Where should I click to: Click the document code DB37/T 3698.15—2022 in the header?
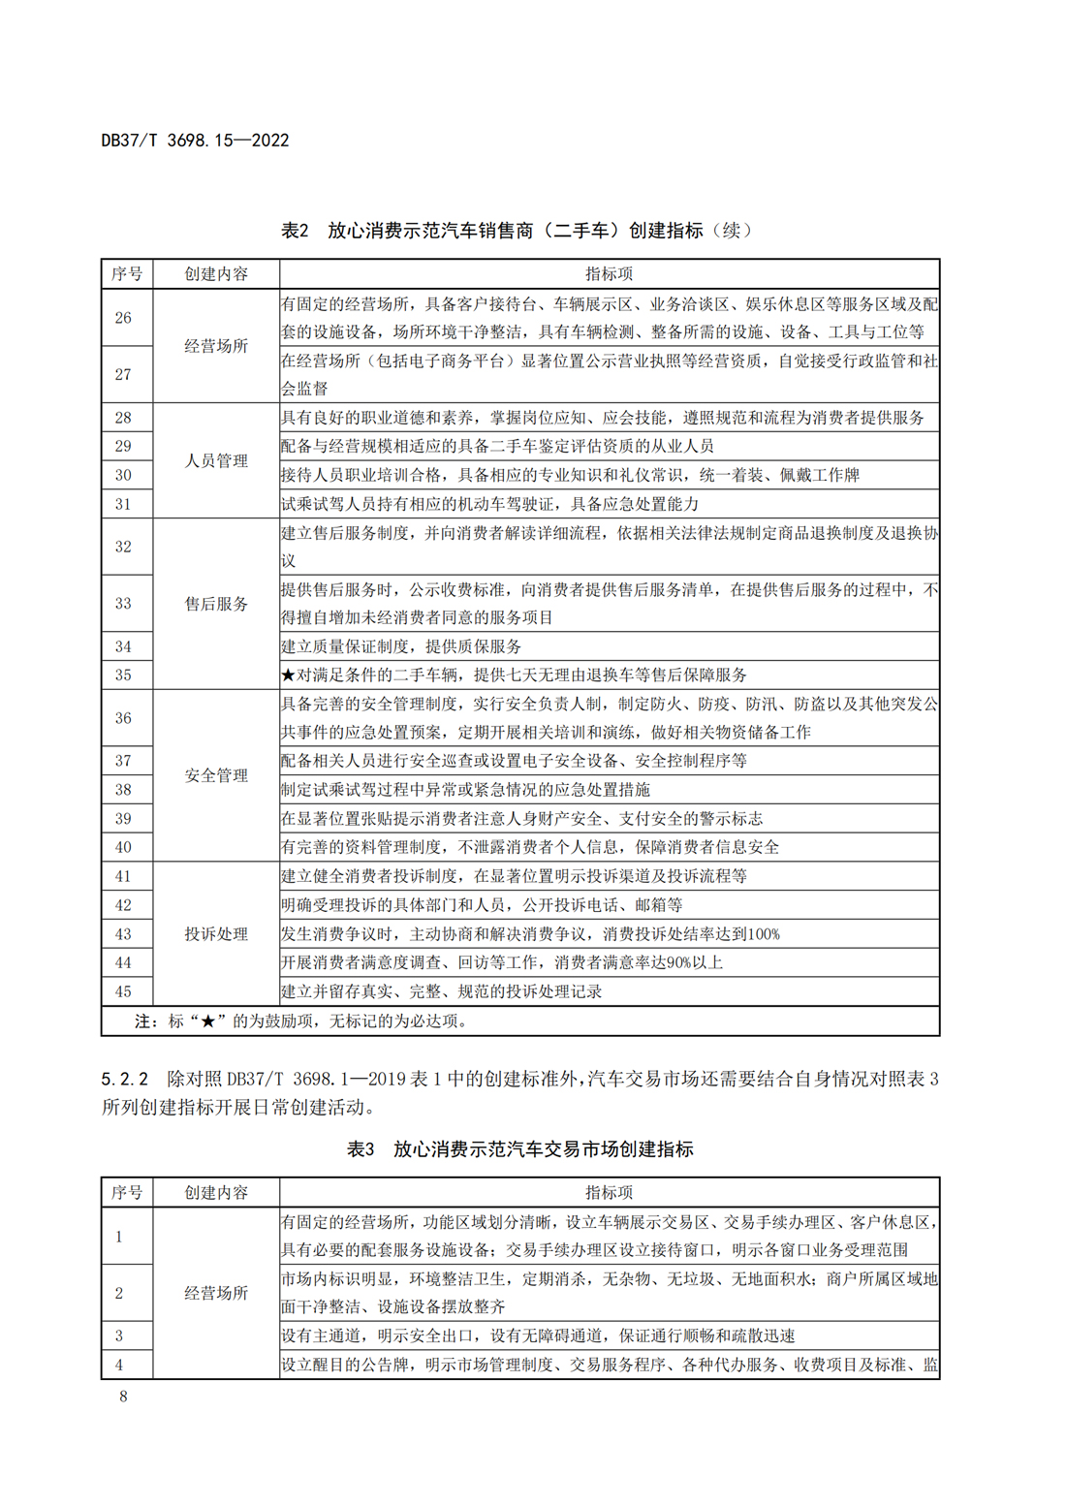pyautogui.click(x=195, y=141)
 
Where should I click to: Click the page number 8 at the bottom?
pyautogui.click(x=123, y=1396)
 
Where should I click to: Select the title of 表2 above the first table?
pyautogui.click(x=516, y=231)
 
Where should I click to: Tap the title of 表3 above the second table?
pyautogui.click(x=519, y=1149)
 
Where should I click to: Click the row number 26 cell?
pyautogui.click(x=124, y=318)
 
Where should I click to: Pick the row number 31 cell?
pyautogui.click(x=124, y=504)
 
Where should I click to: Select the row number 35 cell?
pyautogui.click(x=124, y=675)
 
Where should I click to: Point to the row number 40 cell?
pyautogui.click(x=124, y=847)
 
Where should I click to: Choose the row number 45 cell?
pyautogui.click(x=124, y=991)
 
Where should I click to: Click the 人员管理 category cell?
pyautogui.click(x=216, y=461)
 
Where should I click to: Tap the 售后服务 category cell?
pyautogui.click(x=216, y=604)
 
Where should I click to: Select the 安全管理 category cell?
pyautogui.click(x=216, y=775)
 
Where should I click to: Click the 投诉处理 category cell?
pyautogui.click(x=216, y=934)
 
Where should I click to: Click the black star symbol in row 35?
pyautogui.click(x=288, y=675)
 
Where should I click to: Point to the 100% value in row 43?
pyautogui.click(x=764, y=934)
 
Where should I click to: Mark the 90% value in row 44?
pyautogui.click(x=674, y=963)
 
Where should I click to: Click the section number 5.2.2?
pyautogui.click(x=125, y=1079)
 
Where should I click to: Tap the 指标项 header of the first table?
pyautogui.click(x=609, y=274)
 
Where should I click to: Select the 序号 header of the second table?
pyautogui.click(x=127, y=1193)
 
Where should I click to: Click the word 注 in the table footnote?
pyautogui.click(x=143, y=1021)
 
